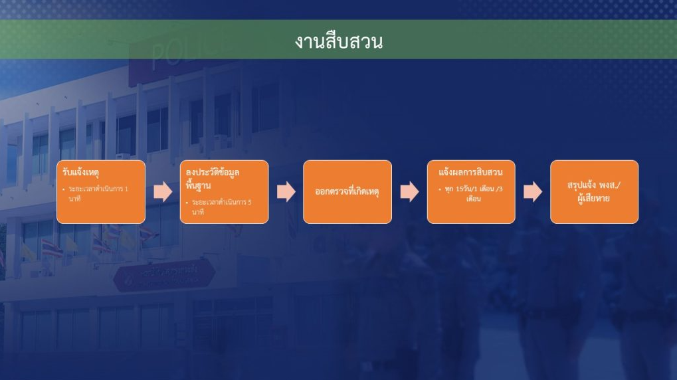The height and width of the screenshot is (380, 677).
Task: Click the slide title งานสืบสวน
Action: (x=339, y=41)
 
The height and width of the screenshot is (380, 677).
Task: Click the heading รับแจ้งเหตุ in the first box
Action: (x=81, y=172)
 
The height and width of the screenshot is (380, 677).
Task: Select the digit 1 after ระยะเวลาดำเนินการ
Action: (x=126, y=189)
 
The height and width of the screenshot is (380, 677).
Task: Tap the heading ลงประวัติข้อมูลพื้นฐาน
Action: (x=213, y=178)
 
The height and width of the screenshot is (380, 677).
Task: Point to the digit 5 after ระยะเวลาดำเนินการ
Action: (x=250, y=202)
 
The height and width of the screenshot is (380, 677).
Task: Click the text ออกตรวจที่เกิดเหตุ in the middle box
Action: (x=347, y=191)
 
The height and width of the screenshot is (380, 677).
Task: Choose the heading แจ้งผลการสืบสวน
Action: (x=470, y=172)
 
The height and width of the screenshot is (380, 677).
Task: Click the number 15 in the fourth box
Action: (x=459, y=189)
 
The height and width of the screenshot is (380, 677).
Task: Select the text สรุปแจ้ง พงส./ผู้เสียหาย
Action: (x=594, y=192)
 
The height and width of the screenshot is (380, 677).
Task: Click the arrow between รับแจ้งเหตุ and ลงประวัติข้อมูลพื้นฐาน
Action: (x=163, y=192)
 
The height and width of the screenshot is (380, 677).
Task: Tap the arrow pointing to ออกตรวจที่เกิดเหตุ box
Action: (x=286, y=192)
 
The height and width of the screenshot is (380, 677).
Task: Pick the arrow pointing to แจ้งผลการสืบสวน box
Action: (x=409, y=192)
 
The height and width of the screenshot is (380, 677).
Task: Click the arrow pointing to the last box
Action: (x=533, y=192)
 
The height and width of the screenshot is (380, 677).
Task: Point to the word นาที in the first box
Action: (x=74, y=199)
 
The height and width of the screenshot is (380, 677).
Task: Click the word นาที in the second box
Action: (x=198, y=212)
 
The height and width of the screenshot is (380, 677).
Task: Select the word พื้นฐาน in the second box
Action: (x=198, y=185)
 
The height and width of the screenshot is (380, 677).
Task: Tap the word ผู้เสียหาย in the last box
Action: (x=594, y=199)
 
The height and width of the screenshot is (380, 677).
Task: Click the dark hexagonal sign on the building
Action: (x=164, y=276)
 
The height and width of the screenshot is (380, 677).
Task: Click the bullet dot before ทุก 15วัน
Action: (x=440, y=189)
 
